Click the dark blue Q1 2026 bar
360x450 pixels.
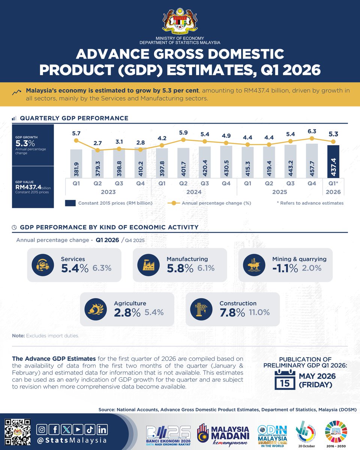(x=333, y=161)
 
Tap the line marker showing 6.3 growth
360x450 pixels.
(x=312, y=138)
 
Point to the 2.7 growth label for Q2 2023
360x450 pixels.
(x=97, y=143)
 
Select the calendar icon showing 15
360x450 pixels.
(x=284, y=378)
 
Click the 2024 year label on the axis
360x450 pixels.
(x=194, y=192)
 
